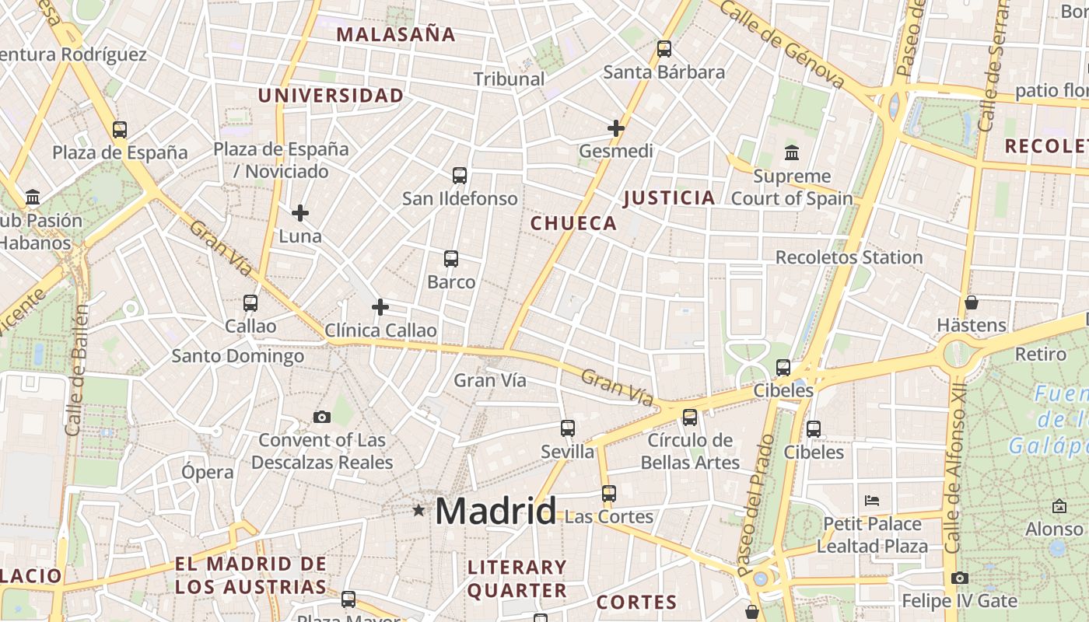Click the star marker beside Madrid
click(x=419, y=510)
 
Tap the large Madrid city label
click(x=495, y=511)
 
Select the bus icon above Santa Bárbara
click(x=664, y=49)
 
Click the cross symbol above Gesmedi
click(x=616, y=128)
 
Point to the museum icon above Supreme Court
click(x=792, y=152)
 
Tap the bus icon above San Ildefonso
click(x=460, y=176)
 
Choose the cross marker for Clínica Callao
click(x=380, y=307)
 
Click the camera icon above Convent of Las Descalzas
click(x=322, y=418)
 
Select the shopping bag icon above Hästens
click(x=971, y=302)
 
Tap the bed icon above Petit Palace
click(x=872, y=500)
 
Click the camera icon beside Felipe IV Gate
click(x=960, y=578)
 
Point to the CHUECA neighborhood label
click(x=573, y=224)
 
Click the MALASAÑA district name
click(x=396, y=34)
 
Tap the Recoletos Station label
click(x=849, y=257)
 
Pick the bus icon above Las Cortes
click(x=608, y=494)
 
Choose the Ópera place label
click(x=207, y=472)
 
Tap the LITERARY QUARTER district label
click(x=517, y=578)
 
